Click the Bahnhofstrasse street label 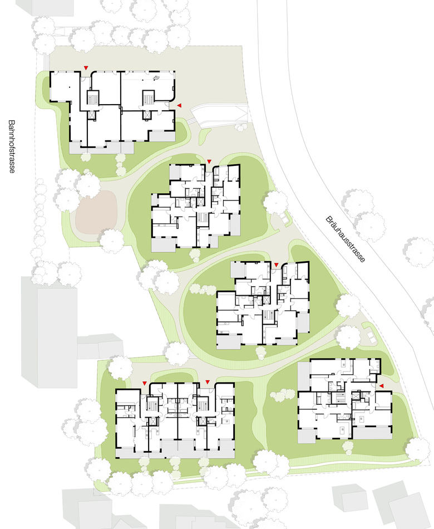pyautogui.click(x=12, y=146)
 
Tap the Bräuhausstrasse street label pyautogui.click(x=346, y=239)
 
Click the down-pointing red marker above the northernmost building pyautogui.click(x=86, y=68)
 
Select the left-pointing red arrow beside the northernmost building pyautogui.click(x=180, y=106)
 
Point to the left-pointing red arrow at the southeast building pyautogui.click(x=381, y=386)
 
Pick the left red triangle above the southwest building pyautogui.click(x=145, y=383)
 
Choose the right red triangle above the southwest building pyautogui.click(x=208, y=382)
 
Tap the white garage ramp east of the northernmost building pyautogui.click(x=219, y=115)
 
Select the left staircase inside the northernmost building pyautogui.click(x=92, y=97)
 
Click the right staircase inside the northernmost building pyautogui.click(x=148, y=97)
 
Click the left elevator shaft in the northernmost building pyautogui.click(x=92, y=115)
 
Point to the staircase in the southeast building pyautogui.click(x=341, y=398)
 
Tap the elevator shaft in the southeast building pyautogui.click(x=356, y=396)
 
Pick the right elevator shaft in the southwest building pyautogui.click(x=203, y=422)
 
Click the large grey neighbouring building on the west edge pyautogui.click(x=49, y=332)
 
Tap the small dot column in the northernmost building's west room pyautogui.click(x=69, y=87)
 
